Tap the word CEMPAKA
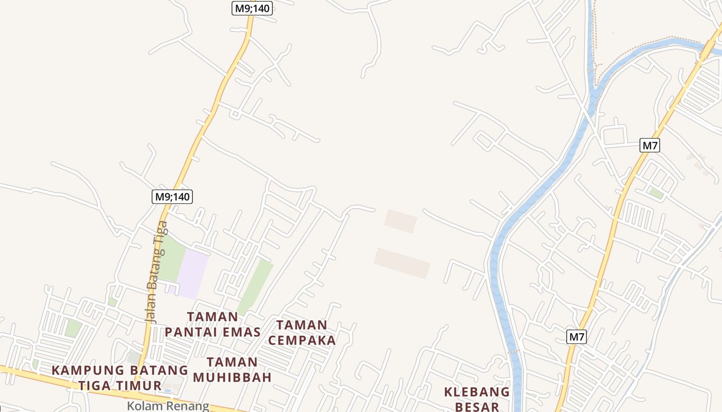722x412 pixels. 302,340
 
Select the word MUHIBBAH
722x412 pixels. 232,377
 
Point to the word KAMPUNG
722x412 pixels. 88,370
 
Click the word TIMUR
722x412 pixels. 137,386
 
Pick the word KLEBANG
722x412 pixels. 477,392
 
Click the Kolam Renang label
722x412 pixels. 168,406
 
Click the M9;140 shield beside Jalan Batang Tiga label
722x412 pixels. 172,196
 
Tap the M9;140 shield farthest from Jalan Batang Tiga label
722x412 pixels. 252,8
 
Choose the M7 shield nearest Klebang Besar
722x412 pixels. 577,337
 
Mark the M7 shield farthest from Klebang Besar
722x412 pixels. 650,145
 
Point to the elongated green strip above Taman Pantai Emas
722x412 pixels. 255,286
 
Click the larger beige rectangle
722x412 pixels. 402,263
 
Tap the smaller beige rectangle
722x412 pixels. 401,221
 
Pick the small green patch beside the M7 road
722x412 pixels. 656,194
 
